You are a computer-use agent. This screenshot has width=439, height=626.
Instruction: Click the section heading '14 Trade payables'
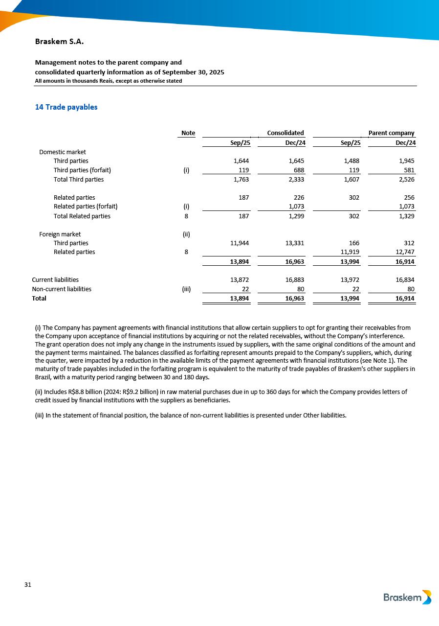[x=66, y=107]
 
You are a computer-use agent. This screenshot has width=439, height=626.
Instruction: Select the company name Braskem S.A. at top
[x=59, y=42]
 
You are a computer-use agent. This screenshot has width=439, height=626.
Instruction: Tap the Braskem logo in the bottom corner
[x=407, y=597]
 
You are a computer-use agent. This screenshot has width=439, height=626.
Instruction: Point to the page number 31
[x=28, y=585]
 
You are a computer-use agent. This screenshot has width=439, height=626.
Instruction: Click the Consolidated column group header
[x=285, y=133]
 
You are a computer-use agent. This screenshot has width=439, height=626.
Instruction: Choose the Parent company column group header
[x=391, y=133]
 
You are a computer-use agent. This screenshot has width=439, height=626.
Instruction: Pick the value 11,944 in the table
[x=240, y=243]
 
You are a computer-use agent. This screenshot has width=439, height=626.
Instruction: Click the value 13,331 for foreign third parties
[x=295, y=243]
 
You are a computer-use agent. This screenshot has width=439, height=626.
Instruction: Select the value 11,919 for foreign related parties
[x=350, y=252]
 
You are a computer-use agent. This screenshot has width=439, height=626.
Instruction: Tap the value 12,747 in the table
[x=404, y=252]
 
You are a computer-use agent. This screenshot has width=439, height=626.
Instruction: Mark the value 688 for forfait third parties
[x=299, y=170]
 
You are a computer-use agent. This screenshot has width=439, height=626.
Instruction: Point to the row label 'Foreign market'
[x=60, y=234]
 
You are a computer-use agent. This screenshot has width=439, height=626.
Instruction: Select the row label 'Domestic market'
[x=63, y=152]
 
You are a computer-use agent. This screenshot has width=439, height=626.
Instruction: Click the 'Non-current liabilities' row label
[x=62, y=289]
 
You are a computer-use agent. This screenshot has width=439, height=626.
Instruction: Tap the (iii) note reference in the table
[x=186, y=289]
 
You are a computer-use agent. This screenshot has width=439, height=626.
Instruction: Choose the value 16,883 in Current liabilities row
[x=295, y=280]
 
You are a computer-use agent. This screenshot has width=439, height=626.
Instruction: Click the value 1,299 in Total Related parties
[x=296, y=216]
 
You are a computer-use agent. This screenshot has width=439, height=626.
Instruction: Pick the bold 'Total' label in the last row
[x=39, y=298]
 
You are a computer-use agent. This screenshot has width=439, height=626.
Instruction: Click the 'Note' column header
[x=188, y=133]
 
